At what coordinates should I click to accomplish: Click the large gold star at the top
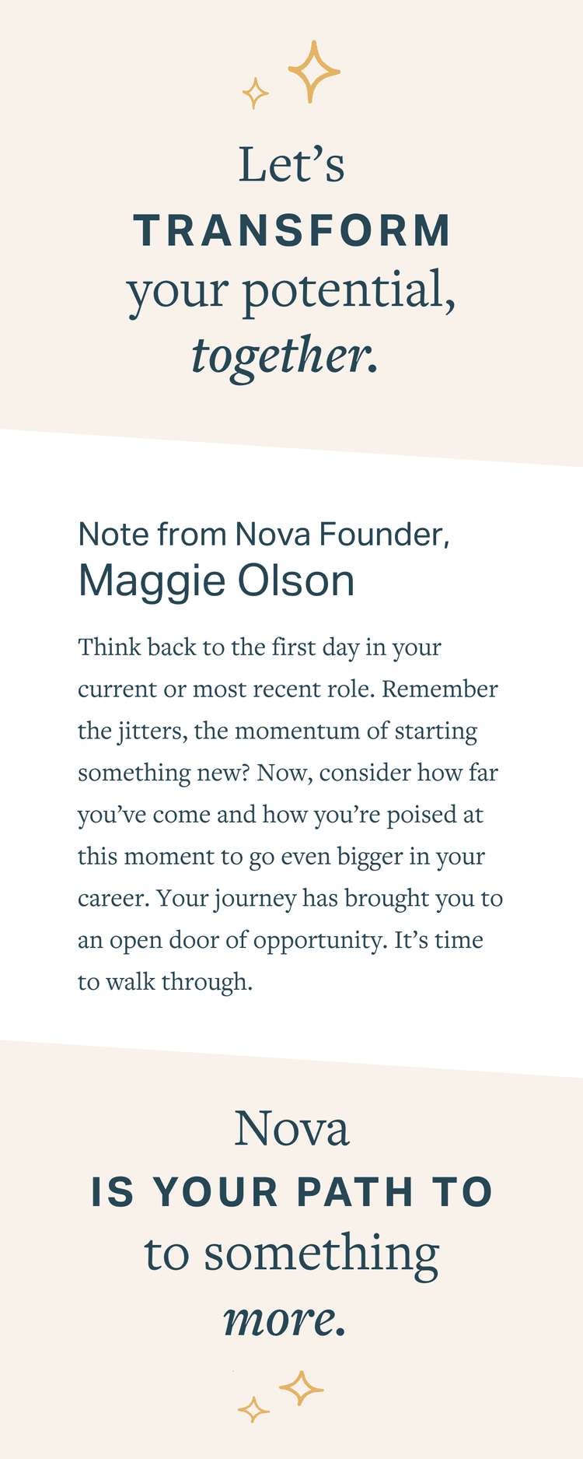pyautogui.click(x=313, y=72)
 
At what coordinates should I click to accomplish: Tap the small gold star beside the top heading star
pyautogui.click(x=255, y=93)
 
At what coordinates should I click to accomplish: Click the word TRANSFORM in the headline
pyautogui.click(x=292, y=231)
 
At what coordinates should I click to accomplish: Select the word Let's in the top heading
pyautogui.click(x=291, y=165)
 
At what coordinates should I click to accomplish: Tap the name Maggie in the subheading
pyautogui.click(x=152, y=582)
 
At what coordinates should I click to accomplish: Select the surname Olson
pyautogui.click(x=296, y=580)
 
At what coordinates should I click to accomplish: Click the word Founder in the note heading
pyautogui.click(x=384, y=535)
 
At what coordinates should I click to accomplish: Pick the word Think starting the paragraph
pyautogui.click(x=110, y=647)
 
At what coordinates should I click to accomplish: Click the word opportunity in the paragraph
pyautogui.click(x=320, y=941)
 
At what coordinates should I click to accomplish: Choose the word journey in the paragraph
pyautogui.click(x=255, y=900)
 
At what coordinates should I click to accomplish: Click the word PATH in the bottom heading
pyautogui.click(x=355, y=1192)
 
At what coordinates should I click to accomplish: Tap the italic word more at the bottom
pyautogui.click(x=284, y=1318)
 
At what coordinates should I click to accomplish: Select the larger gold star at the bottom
pyautogui.click(x=302, y=1388)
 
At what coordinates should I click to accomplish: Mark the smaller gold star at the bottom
pyautogui.click(x=253, y=1409)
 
